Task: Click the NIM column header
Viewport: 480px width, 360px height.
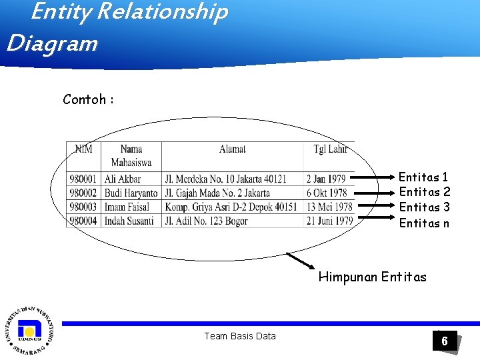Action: click(83, 149)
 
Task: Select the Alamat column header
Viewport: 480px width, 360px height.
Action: click(233, 149)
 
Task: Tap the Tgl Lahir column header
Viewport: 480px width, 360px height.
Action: click(330, 149)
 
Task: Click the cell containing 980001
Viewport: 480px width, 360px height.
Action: click(83, 179)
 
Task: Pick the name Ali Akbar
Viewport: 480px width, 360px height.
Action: click(123, 179)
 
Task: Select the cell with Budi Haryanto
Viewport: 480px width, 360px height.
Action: click(131, 193)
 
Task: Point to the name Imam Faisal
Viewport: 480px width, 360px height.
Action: click(127, 207)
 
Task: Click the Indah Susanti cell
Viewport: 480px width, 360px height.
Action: click(129, 221)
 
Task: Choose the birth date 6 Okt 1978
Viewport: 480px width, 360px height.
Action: click(327, 193)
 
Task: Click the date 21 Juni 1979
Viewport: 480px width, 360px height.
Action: click(330, 221)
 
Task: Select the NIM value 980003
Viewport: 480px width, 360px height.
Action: click(83, 207)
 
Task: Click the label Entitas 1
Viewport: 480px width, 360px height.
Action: click(423, 177)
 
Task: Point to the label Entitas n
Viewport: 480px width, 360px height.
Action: click(424, 223)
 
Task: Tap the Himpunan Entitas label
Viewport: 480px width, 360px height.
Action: click(372, 277)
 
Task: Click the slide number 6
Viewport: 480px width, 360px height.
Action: click(445, 342)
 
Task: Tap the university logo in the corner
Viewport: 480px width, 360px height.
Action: click(29, 330)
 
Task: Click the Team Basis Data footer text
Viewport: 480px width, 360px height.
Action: click(239, 336)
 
